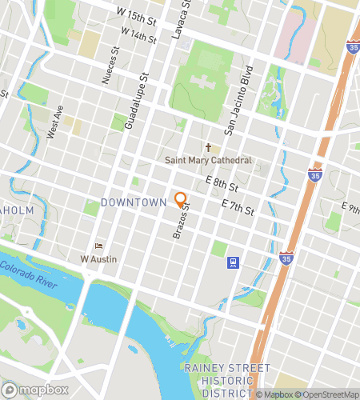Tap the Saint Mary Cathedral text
tap(208, 160)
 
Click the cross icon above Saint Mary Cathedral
tap(209, 148)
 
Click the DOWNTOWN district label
tap(133, 202)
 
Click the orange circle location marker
tap(181, 200)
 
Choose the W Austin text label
tap(99, 258)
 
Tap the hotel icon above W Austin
tap(99, 246)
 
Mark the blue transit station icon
tap(233, 262)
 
